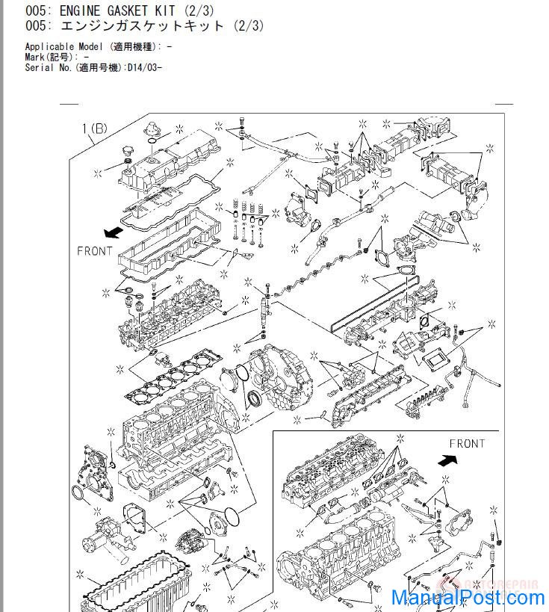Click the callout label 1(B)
tap(94, 128)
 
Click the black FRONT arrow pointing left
tap(114, 232)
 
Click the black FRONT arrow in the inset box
tap(447, 460)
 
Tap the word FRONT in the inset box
tap(467, 444)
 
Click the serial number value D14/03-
tap(144, 67)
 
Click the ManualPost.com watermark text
tap(468, 598)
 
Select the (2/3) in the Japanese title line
tap(249, 25)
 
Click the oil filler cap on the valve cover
tap(127, 152)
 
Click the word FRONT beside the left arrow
tap(94, 251)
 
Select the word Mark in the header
tap(34, 57)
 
